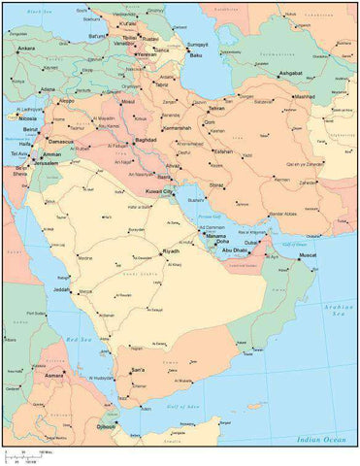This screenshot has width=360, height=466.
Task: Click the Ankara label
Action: click(25, 49)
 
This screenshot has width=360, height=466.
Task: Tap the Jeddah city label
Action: click(61, 289)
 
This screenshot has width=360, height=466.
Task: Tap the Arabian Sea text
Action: click(338, 312)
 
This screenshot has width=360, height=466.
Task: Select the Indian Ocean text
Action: click(322, 440)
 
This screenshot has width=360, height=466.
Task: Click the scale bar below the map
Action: click(29, 455)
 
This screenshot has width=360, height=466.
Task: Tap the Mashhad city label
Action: click(305, 97)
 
